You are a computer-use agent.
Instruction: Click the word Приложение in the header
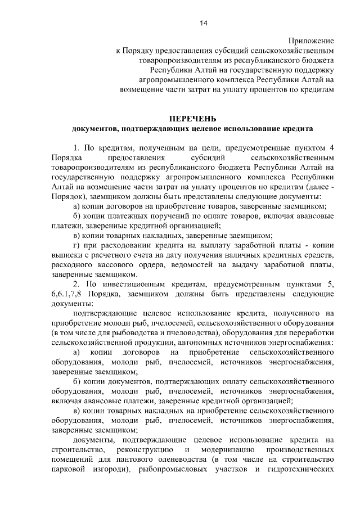(x=312, y=41)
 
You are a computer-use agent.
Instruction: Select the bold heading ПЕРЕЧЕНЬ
(x=192, y=119)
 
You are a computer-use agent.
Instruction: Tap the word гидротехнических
(x=303, y=470)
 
